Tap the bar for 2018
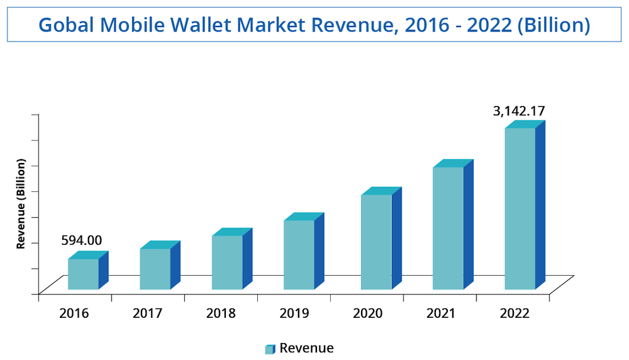pos(227,262)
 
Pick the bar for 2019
pos(299,255)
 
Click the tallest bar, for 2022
pos(520,208)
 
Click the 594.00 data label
pos(81,240)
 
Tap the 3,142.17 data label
pos(519,111)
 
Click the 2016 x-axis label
pos(74,313)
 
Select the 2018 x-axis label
pos(220,313)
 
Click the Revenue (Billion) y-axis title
pos(21,204)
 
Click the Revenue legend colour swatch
pos(270,349)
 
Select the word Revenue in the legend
pos(306,348)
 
